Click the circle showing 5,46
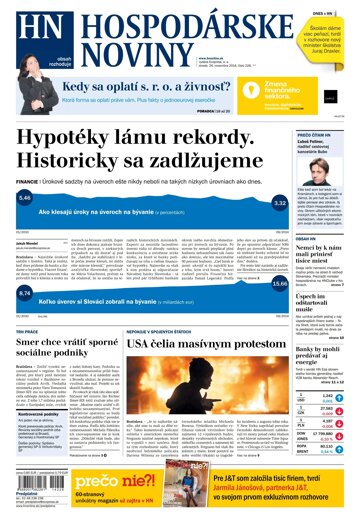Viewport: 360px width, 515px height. [25, 200]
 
